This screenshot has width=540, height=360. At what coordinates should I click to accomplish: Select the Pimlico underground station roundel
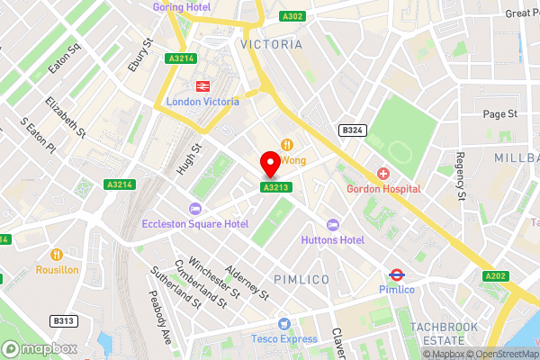[x=395, y=274]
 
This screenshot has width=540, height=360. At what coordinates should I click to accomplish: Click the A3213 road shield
[x=274, y=187]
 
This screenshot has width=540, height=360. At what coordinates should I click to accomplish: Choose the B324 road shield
[x=351, y=130]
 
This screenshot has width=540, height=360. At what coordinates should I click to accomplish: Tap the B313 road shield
[x=62, y=320]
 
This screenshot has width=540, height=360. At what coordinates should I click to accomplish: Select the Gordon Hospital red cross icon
[x=383, y=173]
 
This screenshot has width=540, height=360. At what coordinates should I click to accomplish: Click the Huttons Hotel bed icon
[x=333, y=224]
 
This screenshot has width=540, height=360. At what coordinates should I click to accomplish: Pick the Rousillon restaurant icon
[x=58, y=254]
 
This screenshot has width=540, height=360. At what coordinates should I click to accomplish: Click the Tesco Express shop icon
[x=284, y=323]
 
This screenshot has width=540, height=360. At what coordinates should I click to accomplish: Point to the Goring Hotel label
[x=183, y=5]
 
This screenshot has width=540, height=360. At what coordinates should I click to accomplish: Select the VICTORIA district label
[x=271, y=43]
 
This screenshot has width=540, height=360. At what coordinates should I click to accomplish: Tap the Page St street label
[x=499, y=114]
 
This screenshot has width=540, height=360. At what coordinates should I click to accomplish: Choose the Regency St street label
[x=460, y=176]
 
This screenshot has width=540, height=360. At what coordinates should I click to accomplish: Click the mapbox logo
[x=40, y=347]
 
